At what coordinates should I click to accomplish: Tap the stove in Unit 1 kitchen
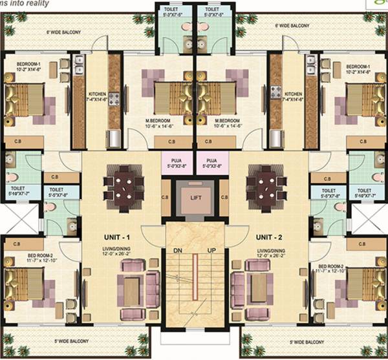point(114,100)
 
